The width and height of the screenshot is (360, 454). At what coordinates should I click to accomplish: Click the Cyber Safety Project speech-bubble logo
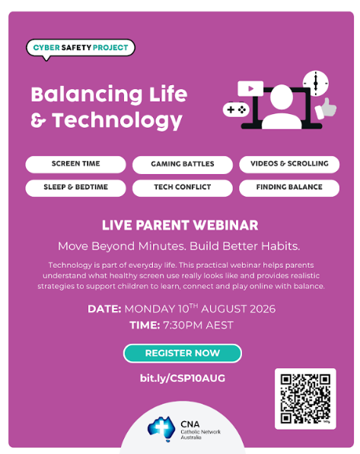coord(81,48)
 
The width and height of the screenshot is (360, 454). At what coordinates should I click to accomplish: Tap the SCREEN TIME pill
coord(75,164)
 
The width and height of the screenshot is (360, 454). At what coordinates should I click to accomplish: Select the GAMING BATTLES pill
coord(183,164)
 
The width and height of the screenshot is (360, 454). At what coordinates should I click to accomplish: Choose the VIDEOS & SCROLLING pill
coord(289,164)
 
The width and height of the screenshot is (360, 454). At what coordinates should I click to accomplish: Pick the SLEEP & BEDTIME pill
coord(75,188)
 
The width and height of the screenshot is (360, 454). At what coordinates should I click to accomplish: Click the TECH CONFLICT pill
coord(183,188)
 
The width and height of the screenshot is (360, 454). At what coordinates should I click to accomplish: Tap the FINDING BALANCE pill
coord(289,188)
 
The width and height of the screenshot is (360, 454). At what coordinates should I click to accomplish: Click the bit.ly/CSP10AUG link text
coord(183,378)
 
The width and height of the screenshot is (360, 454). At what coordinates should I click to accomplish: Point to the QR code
coord(305,398)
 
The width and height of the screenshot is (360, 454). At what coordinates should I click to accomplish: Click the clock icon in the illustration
coord(316,84)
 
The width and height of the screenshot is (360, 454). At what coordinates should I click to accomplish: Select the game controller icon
coord(236,110)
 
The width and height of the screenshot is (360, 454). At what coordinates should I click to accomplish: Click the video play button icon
coord(250,89)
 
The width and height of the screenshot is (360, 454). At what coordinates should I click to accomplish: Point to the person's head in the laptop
coord(281,97)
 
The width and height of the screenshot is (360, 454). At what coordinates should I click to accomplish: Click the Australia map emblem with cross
coord(161,429)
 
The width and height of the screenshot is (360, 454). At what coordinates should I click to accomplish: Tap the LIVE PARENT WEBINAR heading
coord(180,225)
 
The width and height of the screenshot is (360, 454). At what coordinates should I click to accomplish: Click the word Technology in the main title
coord(117,120)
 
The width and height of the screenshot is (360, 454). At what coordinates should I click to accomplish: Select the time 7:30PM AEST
coord(198,325)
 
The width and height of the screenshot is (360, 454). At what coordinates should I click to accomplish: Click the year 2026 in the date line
coord(263,309)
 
